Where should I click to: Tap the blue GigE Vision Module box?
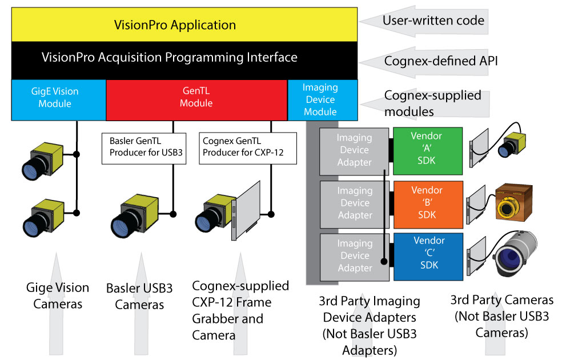(x=59, y=97)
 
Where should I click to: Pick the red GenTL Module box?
(x=196, y=97)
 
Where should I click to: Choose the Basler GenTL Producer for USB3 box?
(x=144, y=148)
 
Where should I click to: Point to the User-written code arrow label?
(x=433, y=21)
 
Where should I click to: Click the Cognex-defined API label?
(x=441, y=60)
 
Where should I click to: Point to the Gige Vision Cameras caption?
(x=57, y=295)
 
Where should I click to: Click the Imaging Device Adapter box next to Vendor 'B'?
(x=354, y=203)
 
